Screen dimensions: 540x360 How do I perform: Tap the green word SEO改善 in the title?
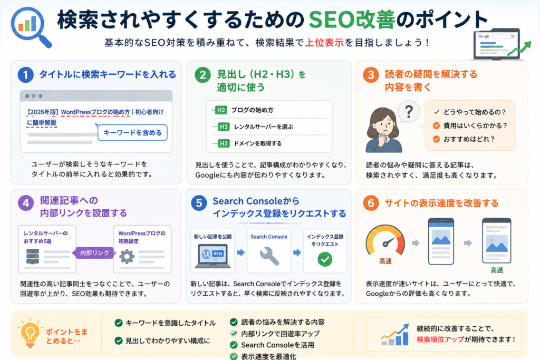coord(352,20)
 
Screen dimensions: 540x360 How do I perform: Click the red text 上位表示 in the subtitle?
coord(324,42)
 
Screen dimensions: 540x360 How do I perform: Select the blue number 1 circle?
coord(25,75)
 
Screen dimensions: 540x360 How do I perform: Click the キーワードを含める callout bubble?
coord(132,132)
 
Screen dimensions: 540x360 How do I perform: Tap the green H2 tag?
coord(221,110)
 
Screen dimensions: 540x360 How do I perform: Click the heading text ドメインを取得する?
coord(257,143)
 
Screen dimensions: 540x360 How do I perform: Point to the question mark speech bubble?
coord(409,112)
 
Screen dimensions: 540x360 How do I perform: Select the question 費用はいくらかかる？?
coord(475,125)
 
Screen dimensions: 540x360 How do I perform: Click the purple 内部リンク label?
coord(94,253)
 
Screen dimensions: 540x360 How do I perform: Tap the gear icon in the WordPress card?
coord(127,256)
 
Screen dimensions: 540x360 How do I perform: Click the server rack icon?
coord(33,256)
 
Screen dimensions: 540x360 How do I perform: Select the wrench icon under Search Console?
coord(269,256)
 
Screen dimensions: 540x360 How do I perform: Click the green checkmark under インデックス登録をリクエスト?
coord(325,259)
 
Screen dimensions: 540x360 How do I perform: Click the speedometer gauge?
coord(385,240)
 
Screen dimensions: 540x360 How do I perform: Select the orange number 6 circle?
coord(371,203)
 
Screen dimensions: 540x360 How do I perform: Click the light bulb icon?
coord(30,333)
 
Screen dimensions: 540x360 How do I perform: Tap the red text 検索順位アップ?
coord(440,339)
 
